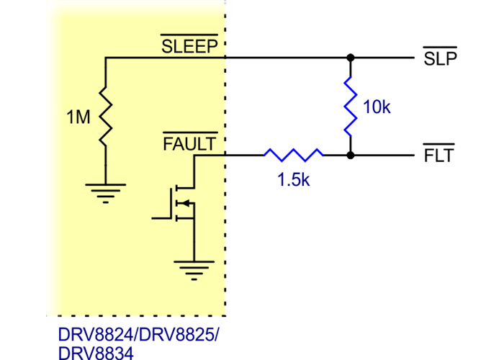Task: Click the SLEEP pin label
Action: pyautogui.click(x=189, y=48)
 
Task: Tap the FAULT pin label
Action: pyautogui.click(x=189, y=144)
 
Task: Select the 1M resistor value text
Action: pyautogui.click(x=78, y=117)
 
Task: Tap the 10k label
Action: pyautogui.click(x=377, y=108)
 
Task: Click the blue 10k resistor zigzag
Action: pyautogui.click(x=351, y=106)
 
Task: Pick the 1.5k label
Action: pyautogui.click(x=294, y=181)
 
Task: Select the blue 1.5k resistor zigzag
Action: pyautogui.click(x=293, y=154)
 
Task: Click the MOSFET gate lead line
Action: pyautogui.click(x=160, y=215)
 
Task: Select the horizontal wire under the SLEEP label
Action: pyautogui.click(x=166, y=58)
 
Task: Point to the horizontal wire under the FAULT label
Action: pyautogui.click(x=209, y=156)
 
